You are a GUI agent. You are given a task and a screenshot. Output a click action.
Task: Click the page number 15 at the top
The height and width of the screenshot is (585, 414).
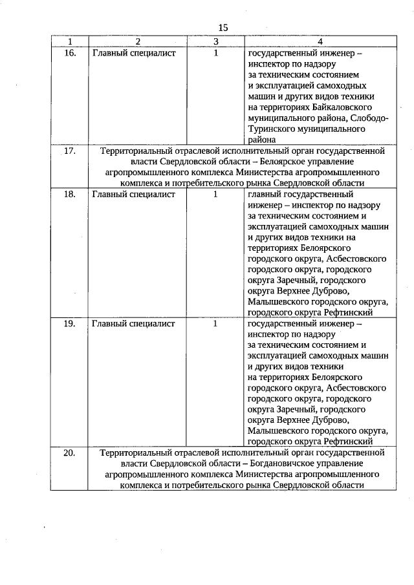[x=223, y=27]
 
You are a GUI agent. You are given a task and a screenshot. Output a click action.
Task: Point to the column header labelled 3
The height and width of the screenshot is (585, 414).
[x=215, y=41]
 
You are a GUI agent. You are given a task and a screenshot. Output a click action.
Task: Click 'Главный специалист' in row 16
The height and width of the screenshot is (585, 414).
[x=134, y=54]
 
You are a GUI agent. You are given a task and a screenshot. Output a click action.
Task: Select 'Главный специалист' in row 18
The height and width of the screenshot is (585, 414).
[x=134, y=194]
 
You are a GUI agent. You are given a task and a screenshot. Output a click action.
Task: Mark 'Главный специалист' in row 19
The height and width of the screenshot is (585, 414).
[x=134, y=324]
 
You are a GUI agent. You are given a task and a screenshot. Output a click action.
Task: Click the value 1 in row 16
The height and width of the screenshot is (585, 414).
[x=215, y=54]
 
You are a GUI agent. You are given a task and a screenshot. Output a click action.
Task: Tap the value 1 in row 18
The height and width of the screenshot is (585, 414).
[x=215, y=194]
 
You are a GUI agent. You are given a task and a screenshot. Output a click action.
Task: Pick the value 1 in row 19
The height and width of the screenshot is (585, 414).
[x=215, y=324]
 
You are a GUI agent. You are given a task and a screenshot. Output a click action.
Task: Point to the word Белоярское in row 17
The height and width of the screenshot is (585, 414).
[x=286, y=162]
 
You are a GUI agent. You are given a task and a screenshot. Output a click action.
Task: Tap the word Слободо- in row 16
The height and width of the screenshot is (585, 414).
[x=369, y=118]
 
